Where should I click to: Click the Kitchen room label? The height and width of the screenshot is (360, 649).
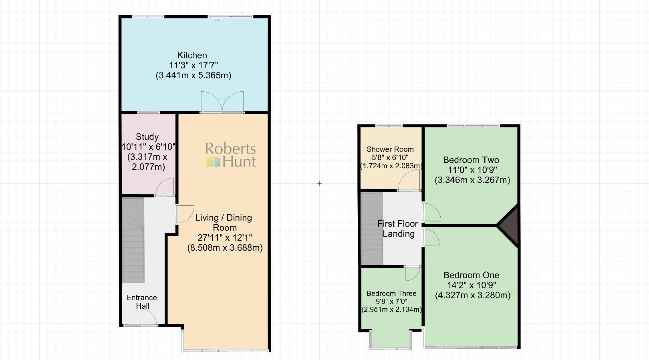click(192, 55)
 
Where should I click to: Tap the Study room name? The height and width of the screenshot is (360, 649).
click(147, 137)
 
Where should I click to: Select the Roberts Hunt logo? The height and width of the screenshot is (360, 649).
click(231, 155)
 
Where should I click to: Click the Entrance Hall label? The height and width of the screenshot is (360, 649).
click(142, 302)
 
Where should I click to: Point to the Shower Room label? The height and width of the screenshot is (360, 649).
click(390, 149)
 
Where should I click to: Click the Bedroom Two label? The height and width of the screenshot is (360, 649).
click(471, 160)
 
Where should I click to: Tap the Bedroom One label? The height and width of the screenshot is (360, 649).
click(472, 275)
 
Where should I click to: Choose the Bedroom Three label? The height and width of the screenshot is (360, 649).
click(391, 294)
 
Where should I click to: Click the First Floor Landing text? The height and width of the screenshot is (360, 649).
click(398, 229)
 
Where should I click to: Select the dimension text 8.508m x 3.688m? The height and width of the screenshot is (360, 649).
click(225, 248)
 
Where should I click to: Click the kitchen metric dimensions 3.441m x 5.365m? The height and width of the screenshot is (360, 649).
click(193, 75)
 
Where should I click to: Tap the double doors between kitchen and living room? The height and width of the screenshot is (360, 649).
click(222, 102)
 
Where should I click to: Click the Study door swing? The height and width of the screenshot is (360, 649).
click(165, 187)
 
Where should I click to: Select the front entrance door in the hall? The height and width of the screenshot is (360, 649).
click(148, 318)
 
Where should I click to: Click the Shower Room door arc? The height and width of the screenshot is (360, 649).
click(409, 180)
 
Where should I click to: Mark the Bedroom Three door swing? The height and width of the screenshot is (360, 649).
click(412, 274)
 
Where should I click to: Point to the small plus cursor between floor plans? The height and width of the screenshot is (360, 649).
click(319, 183)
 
